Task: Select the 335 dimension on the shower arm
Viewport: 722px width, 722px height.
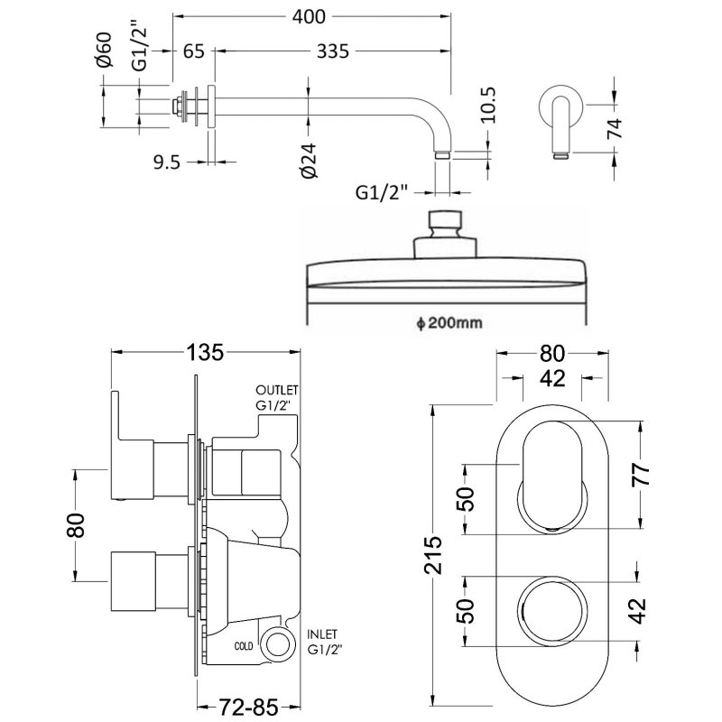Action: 332,51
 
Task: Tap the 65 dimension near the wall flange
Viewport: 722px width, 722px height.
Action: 193,51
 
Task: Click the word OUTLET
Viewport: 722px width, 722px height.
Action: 276,388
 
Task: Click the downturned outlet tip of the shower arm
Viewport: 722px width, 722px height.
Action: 441,153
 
